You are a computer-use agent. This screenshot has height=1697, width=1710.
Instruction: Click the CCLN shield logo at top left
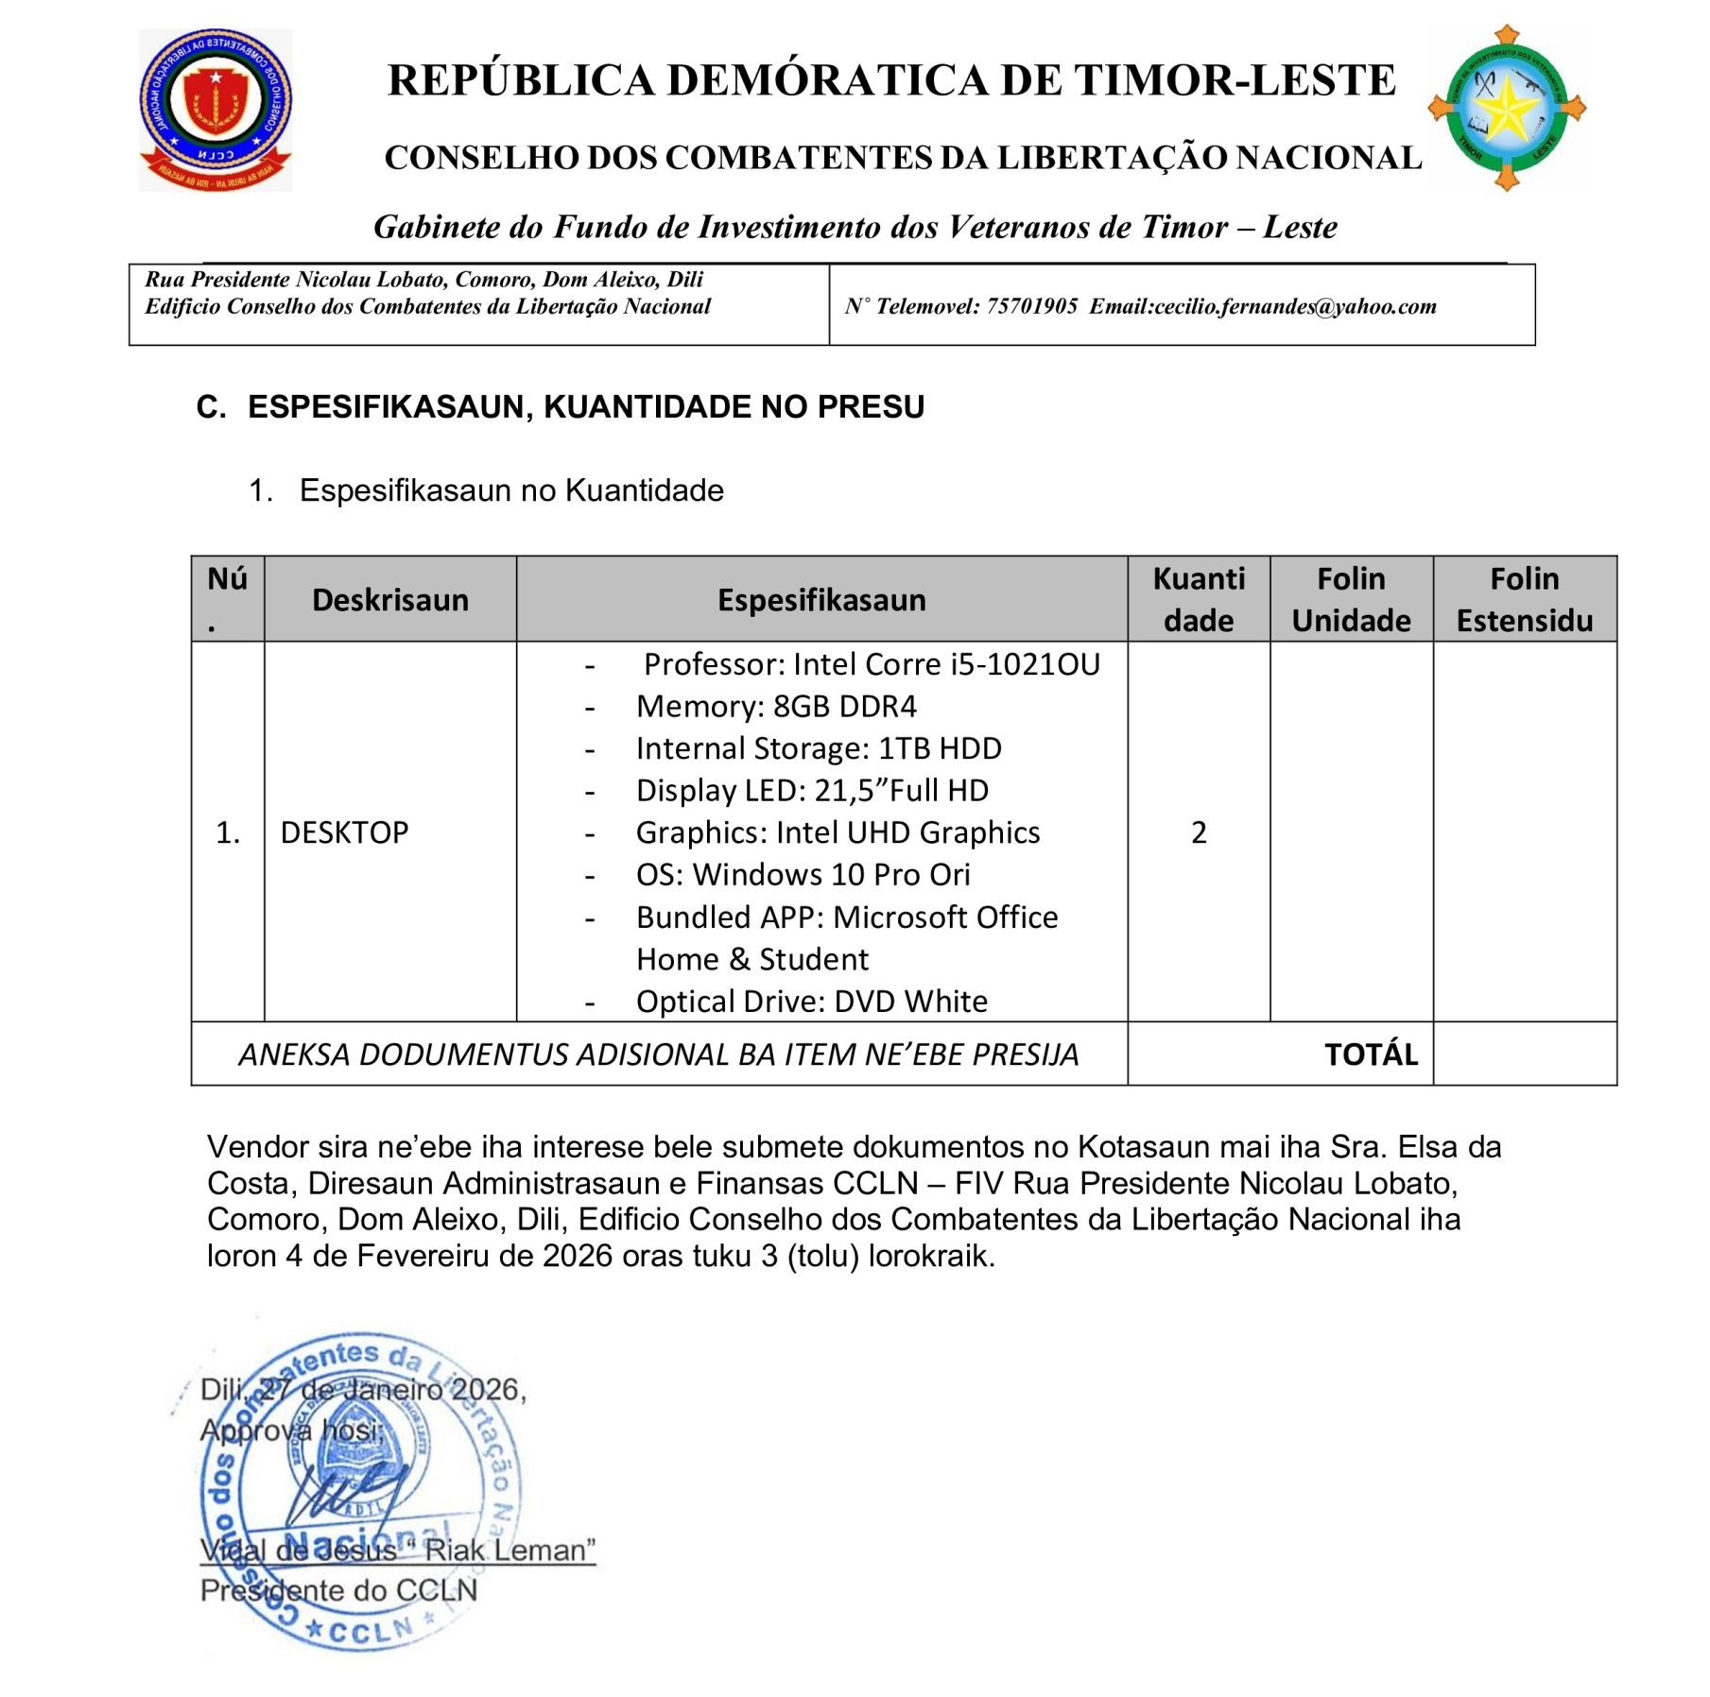pyautogui.click(x=216, y=109)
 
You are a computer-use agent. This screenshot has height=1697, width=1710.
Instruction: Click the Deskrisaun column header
pyautogui.click(x=389, y=600)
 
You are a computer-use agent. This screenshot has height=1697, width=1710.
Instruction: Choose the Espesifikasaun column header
pyautogui.click(x=820, y=600)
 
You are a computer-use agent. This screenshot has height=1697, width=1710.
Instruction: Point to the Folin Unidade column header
pyautogui.click(x=1350, y=600)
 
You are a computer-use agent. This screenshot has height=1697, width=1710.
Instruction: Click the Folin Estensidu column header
pyautogui.click(x=1524, y=600)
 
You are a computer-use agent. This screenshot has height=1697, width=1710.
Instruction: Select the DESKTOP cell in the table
pyautogui.click(x=344, y=832)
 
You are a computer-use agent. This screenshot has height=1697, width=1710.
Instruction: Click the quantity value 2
pyautogui.click(x=1198, y=832)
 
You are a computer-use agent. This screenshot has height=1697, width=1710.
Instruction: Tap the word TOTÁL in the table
pyautogui.click(x=1370, y=1054)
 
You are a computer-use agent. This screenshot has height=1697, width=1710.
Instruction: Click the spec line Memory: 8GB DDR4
pyautogui.click(x=776, y=707)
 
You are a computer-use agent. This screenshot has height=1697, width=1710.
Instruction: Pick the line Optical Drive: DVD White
pyautogui.click(x=811, y=1002)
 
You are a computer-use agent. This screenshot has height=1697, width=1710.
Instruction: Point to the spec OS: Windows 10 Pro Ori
pyautogui.click(x=803, y=875)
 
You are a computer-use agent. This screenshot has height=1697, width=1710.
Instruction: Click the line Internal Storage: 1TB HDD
pyautogui.click(x=818, y=748)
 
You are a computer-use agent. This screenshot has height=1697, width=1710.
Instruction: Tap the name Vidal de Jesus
pyautogui.click(x=298, y=1551)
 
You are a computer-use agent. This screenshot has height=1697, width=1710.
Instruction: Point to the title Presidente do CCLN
pyautogui.click(x=338, y=1591)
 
